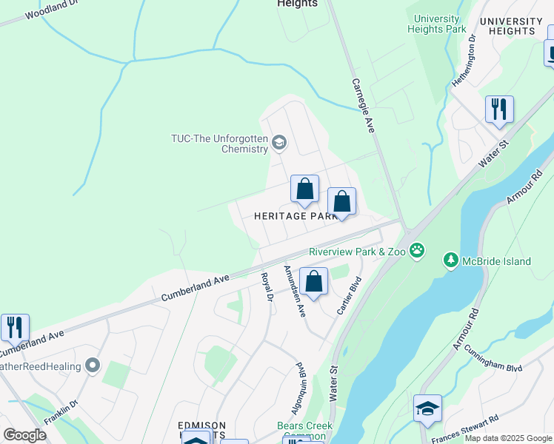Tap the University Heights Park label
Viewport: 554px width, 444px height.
click(x=437, y=24)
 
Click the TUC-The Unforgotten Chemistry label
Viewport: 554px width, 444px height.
click(x=218, y=143)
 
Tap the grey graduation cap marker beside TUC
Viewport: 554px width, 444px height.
click(x=279, y=143)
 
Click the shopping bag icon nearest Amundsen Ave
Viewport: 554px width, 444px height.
click(x=314, y=282)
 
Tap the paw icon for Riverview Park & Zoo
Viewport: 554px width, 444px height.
click(x=418, y=251)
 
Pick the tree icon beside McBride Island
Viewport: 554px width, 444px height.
click(x=450, y=260)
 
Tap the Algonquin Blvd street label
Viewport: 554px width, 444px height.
click(x=300, y=385)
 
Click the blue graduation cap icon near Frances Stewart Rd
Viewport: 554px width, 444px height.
click(x=428, y=409)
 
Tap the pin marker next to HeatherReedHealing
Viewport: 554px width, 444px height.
click(x=92, y=365)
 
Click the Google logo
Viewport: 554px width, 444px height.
click(x=25, y=434)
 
